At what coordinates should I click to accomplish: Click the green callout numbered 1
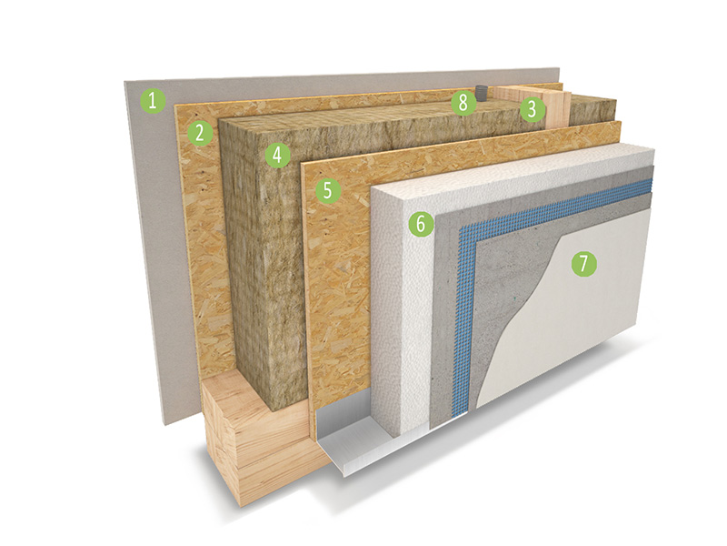point(154,101)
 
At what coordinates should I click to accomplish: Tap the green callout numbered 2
point(200,133)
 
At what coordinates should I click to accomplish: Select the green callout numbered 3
point(532,109)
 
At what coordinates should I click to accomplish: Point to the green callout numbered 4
point(277,155)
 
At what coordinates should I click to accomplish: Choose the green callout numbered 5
point(328,190)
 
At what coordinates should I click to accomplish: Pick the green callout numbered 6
point(421,224)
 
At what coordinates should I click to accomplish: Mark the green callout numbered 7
point(583,264)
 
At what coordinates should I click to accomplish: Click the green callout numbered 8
point(463,103)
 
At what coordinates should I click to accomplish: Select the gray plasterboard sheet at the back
point(153,241)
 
